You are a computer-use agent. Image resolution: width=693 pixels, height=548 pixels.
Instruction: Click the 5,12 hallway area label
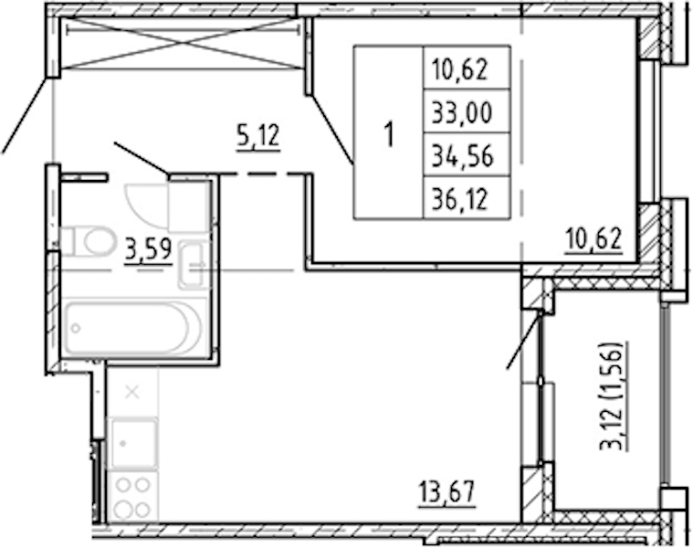pyautogui.click(x=258, y=136)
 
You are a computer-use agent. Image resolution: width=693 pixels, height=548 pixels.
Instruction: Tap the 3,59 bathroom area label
pyautogui.click(x=149, y=249)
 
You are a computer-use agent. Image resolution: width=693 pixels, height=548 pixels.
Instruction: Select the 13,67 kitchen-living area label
pyautogui.click(x=447, y=492)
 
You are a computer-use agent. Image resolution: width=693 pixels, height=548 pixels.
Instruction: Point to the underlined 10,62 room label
pyautogui.click(x=593, y=239)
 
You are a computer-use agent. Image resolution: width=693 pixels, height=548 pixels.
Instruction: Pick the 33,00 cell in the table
pyautogui.click(x=462, y=112)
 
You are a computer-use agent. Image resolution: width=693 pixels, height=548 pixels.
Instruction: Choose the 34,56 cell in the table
pyautogui.click(x=462, y=156)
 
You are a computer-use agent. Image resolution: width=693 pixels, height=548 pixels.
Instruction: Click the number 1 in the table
pyautogui.click(x=389, y=134)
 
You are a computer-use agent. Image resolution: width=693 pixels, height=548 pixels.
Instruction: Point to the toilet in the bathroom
pyautogui.click(x=89, y=241)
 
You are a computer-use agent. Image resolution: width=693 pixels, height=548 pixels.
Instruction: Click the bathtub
pyautogui.click(x=131, y=328)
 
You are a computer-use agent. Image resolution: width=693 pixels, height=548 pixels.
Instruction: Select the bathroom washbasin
pyautogui.click(x=194, y=265)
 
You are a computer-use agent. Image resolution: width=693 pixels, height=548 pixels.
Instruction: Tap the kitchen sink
pyautogui.click(x=133, y=443)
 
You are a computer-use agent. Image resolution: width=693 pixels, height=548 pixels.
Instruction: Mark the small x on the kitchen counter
pyautogui.click(x=132, y=392)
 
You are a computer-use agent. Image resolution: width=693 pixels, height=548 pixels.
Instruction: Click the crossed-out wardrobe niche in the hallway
pyautogui.click(x=182, y=44)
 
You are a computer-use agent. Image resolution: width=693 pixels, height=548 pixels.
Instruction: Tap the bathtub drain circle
pyautogui.click(x=76, y=329)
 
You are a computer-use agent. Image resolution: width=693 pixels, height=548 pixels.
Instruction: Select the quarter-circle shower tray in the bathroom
pyautogui.click(x=146, y=205)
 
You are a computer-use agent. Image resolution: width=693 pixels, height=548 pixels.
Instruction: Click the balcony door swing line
pyautogui.click(x=523, y=340)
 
